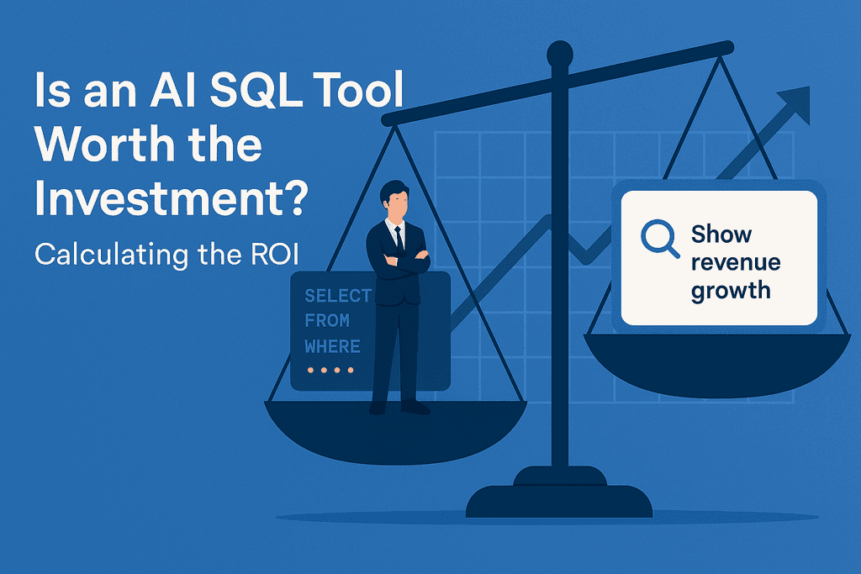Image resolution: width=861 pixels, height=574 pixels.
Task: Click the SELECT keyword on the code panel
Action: click(338, 296)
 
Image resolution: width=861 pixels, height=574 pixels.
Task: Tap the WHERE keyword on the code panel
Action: click(333, 346)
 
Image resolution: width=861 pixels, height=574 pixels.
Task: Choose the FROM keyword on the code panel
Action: click(328, 321)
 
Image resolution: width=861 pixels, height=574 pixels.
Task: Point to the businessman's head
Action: click(393, 200)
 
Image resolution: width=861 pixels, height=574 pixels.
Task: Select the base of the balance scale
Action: click(559, 499)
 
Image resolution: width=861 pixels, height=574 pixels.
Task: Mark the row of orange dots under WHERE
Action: click(330, 370)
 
